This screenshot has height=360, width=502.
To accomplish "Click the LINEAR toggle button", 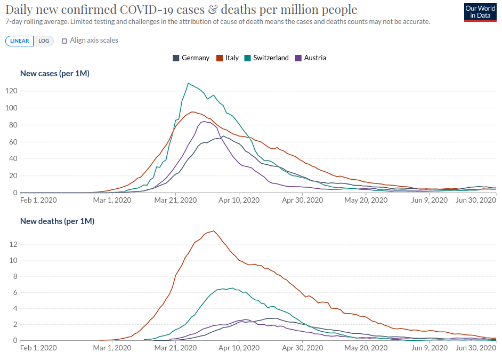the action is pos(20,41).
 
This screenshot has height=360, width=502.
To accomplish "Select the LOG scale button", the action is pos(44,41).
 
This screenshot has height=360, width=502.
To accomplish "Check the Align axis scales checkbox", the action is pos(64,41).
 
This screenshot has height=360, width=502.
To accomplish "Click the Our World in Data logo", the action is pos(480,12).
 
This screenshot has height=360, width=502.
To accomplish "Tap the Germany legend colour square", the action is pos(176,58).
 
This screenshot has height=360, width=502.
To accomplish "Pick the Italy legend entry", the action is pos(228,58).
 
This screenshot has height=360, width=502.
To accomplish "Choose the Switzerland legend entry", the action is pos(266,58).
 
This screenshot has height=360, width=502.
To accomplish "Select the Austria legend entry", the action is pos(311,58).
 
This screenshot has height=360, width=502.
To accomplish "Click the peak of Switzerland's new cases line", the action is pos(188,83).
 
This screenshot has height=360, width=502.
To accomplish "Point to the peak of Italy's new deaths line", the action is pos(214,231).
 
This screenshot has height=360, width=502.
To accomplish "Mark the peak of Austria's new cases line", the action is pos(204,122).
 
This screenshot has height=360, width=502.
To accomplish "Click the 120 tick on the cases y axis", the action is pos(11,91).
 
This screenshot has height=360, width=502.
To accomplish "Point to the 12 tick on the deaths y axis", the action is pos(13,245).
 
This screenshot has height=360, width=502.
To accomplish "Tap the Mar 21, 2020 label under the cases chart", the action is pos(175,200).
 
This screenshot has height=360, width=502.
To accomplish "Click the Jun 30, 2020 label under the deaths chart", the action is pos(476,348).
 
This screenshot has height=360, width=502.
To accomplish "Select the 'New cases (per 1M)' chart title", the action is pos(55,74).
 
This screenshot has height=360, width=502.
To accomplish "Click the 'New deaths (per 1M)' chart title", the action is pos(58,221).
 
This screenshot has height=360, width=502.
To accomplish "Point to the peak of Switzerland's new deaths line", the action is pos(232,288).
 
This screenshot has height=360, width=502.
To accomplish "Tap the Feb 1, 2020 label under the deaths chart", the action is pos(38,348).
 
